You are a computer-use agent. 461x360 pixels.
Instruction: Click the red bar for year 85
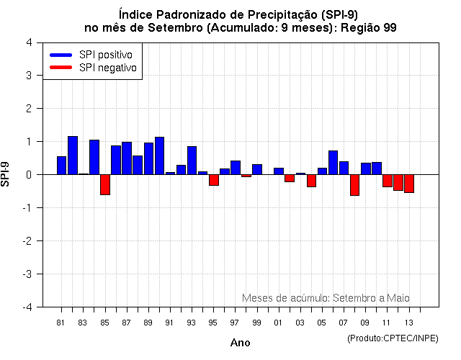(x=105, y=184)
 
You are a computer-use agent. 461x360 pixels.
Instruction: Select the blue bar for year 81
(x=62, y=166)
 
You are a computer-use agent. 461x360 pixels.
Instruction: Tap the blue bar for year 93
(x=192, y=161)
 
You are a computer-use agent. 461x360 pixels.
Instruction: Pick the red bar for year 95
(x=214, y=180)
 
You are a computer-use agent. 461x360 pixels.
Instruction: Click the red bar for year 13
(x=409, y=184)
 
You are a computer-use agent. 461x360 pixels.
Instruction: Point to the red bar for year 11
(x=388, y=181)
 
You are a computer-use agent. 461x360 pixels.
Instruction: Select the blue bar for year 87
(x=127, y=158)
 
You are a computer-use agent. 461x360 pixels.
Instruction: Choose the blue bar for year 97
(x=236, y=168)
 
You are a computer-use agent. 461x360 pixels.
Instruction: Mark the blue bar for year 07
(x=344, y=168)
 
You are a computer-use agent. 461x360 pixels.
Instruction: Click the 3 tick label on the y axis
(x=28, y=76)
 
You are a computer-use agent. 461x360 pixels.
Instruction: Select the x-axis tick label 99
(x=257, y=322)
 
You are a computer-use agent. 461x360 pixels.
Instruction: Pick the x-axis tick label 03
(x=300, y=322)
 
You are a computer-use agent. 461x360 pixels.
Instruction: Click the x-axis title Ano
(x=240, y=343)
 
